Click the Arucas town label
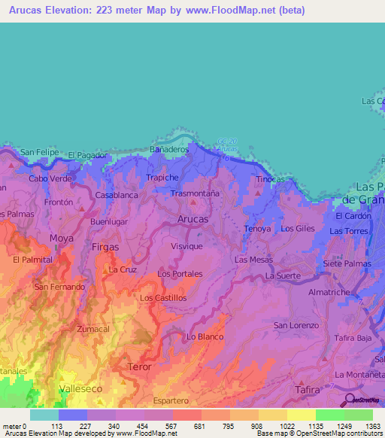[x=193, y=219]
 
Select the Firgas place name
[x=105, y=246]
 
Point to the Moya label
[x=62, y=239]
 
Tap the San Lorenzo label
[x=296, y=325]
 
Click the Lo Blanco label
[x=205, y=336]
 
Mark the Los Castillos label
[x=163, y=298]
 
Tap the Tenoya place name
[x=257, y=228]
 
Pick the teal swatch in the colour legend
[x=44, y=415]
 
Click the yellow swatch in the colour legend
[x=301, y=415]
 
